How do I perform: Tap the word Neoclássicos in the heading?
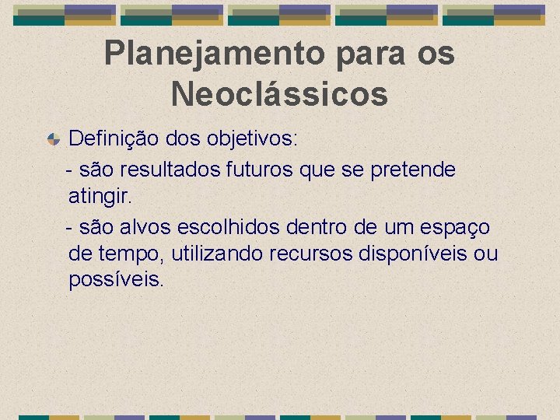pyautogui.click(x=279, y=94)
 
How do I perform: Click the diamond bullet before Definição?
pyautogui.click(x=53, y=140)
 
